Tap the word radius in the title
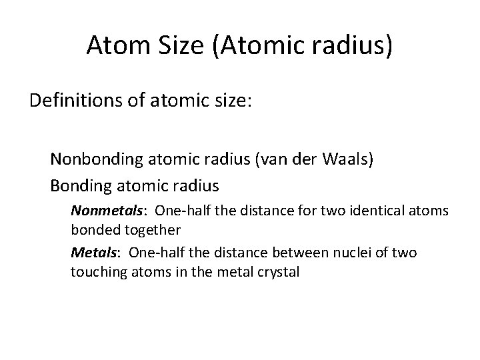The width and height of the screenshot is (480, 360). [x=352, y=45]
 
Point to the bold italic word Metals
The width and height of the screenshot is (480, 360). [x=89, y=253]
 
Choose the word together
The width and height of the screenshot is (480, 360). [x=147, y=230]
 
